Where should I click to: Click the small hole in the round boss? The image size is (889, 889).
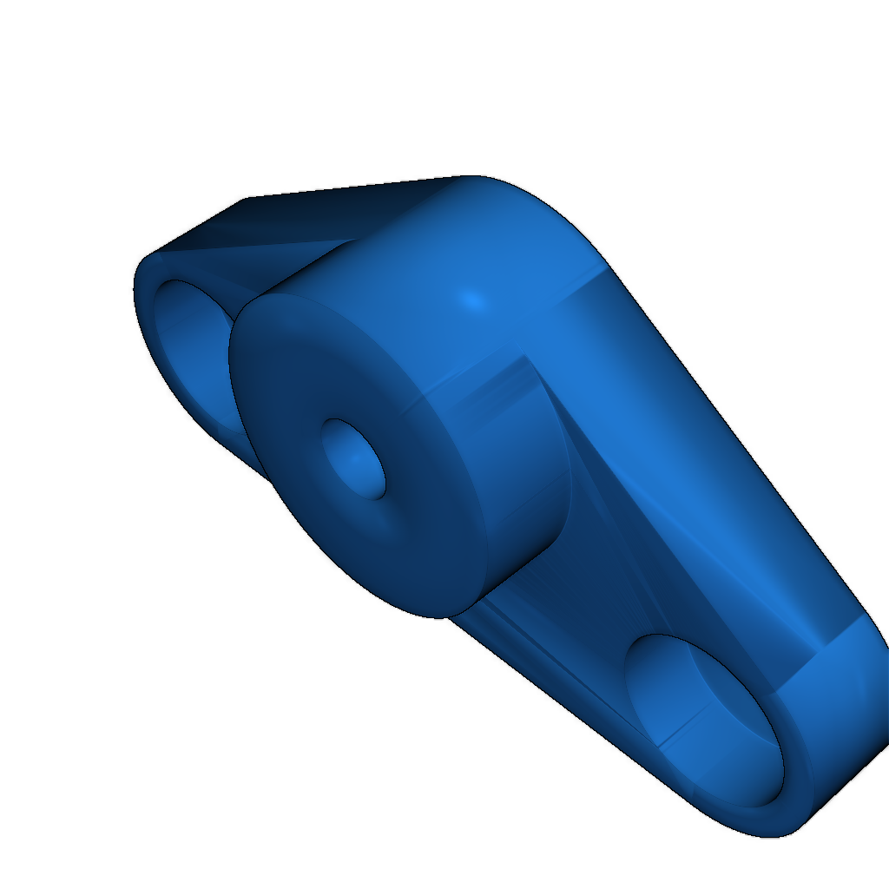pos(354,458)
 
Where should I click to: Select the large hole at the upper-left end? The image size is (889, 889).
pos(195,347)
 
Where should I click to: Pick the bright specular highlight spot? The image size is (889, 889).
pos(471,300)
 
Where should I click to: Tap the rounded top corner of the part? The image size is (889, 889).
pos(486,182)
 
